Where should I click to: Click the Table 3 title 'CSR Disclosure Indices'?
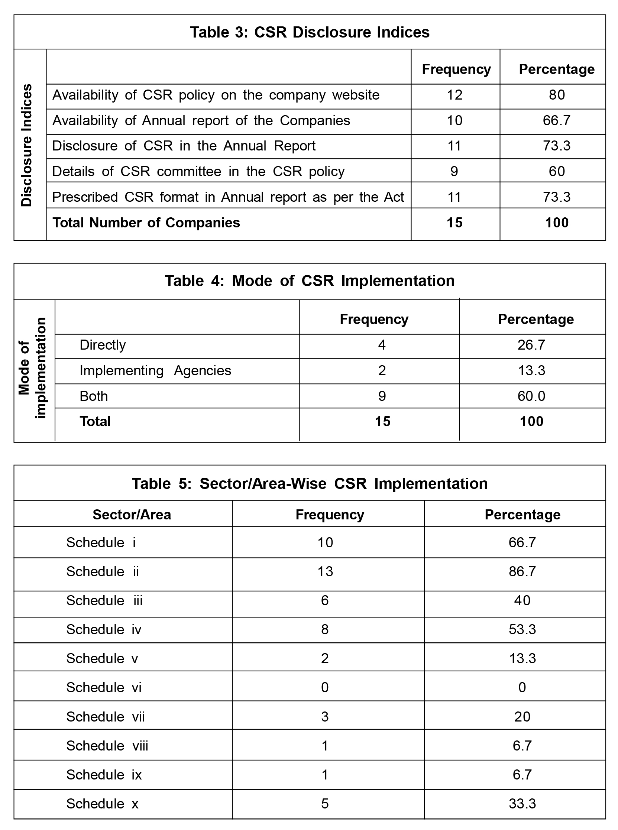tap(310, 32)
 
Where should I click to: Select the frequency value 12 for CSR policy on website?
tap(454, 95)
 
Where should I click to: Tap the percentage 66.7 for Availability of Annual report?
tap(556, 120)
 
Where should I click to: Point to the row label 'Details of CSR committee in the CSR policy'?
tap(198, 171)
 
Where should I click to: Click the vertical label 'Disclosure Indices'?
tap(27, 145)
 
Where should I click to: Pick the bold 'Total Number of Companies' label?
tap(146, 223)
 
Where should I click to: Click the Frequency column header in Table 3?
tap(456, 69)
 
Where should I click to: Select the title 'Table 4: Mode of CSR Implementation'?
tap(310, 281)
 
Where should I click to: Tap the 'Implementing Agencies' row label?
tap(155, 371)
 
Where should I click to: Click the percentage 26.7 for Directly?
tap(531, 344)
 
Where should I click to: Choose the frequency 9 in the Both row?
tap(382, 396)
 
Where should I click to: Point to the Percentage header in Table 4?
tap(536, 319)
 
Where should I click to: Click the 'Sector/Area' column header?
tap(132, 515)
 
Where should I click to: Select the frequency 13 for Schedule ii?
tap(325, 571)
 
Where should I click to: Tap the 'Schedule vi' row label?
tap(104, 687)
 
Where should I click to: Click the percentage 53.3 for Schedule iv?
tap(522, 629)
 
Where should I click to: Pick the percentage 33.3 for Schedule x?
tap(522, 804)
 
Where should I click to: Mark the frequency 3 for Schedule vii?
tap(325, 717)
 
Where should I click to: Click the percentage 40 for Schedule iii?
tap(522, 600)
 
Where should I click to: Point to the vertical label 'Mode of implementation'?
tap(33, 368)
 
